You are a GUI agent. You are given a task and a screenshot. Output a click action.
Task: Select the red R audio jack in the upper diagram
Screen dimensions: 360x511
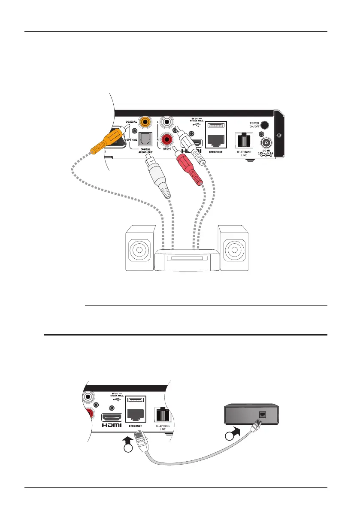click(166, 139)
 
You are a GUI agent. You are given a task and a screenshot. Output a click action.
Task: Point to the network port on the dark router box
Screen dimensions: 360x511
click(262, 414)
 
